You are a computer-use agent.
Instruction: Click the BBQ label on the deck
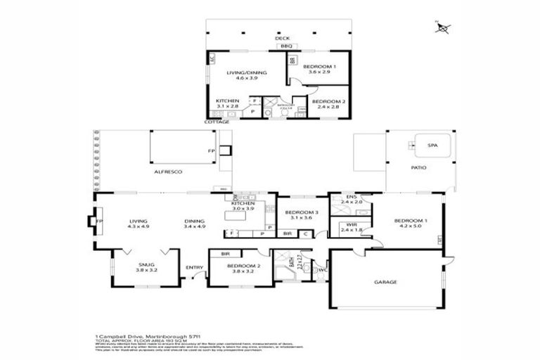tap(285, 46)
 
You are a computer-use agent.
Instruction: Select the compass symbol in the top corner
tap(443, 27)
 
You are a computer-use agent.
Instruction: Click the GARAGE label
tap(385, 282)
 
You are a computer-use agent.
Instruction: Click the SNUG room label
tap(146, 264)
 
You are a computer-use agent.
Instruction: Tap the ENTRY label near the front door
tap(194, 267)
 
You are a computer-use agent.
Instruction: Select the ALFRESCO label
tap(169, 172)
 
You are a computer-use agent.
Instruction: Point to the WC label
tap(322, 269)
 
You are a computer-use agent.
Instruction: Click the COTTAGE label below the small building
tap(217, 122)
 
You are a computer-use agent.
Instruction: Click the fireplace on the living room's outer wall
tap(93, 222)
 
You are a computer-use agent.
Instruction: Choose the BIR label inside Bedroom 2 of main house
tap(226, 253)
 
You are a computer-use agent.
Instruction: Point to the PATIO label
tap(419, 167)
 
